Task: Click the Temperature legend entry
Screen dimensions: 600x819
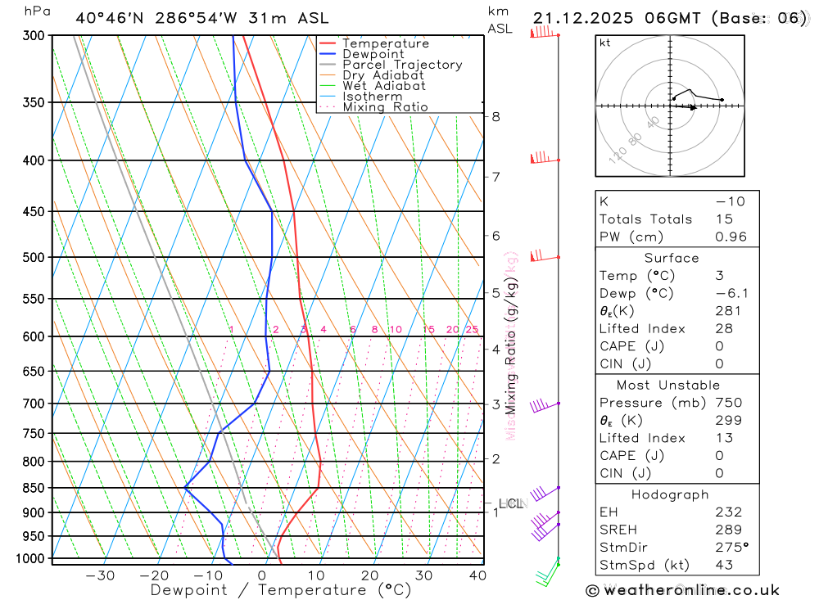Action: coord(385,43)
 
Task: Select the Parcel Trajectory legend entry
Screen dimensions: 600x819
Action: coord(402,65)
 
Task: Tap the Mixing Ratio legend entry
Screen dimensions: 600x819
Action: coord(385,107)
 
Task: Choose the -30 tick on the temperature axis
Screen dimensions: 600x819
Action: coord(100,575)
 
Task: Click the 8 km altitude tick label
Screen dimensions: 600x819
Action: coord(495,117)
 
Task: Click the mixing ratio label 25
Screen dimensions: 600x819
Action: coord(472,330)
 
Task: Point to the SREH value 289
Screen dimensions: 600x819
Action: coord(728,530)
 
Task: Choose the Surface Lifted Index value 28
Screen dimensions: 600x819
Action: coord(724,328)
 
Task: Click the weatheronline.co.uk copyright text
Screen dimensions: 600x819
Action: coord(682,589)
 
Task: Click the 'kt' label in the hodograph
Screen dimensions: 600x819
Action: coord(605,43)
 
